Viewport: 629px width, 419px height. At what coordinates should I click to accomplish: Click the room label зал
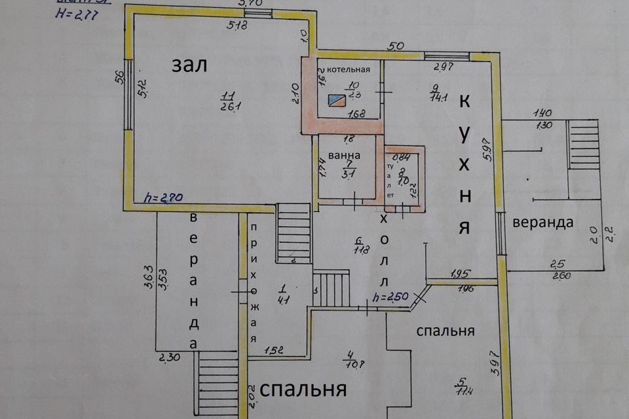click(x=189, y=65)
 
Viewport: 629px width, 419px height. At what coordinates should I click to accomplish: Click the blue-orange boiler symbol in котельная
click(x=338, y=100)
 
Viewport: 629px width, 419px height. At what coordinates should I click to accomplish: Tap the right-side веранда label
click(x=543, y=222)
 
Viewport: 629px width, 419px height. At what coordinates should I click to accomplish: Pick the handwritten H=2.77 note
click(x=73, y=16)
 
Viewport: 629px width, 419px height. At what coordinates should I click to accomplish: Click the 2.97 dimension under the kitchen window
click(x=444, y=67)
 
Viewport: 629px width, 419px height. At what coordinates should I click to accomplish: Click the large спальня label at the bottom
click(x=303, y=390)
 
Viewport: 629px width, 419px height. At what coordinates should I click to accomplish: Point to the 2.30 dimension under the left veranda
click(x=169, y=357)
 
